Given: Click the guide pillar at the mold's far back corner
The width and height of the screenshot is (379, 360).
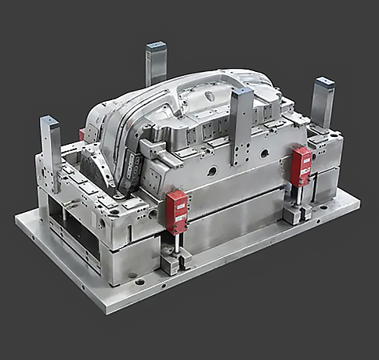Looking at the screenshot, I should coord(156,63).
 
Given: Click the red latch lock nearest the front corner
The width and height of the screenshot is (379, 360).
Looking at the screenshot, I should coord(176,211).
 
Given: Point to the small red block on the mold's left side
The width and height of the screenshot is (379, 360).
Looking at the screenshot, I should coord(81,135).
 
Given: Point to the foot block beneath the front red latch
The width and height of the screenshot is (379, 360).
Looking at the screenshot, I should coord(171,264).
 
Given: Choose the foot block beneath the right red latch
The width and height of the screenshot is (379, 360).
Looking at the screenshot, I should coord(294,213).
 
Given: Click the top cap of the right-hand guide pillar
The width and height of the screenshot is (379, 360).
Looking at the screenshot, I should coord(323,82).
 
